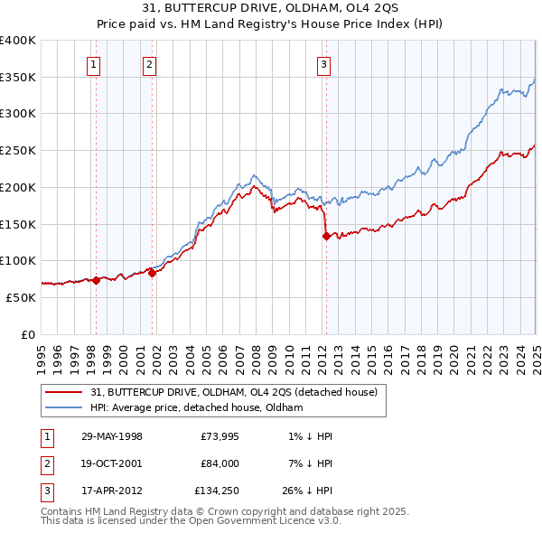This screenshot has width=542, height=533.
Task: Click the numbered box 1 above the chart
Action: (x=94, y=64)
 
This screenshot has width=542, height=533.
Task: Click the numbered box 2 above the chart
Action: (x=149, y=64)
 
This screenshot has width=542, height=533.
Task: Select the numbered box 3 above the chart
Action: (x=323, y=64)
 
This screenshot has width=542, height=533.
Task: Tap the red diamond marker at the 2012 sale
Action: (x=325, y=237)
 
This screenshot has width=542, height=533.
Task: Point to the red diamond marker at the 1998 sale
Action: (x=97, y=281)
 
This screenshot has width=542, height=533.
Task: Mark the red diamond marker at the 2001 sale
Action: (x=152, y=274)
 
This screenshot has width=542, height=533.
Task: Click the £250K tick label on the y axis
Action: (x=18, y=151)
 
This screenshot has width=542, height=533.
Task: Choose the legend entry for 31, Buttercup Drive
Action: (x=238, y=392)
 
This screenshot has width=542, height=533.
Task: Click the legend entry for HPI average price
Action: (x=196, y=407)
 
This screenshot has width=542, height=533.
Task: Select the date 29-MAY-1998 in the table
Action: (x=112, y=436)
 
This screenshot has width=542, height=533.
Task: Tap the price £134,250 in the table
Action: (x=216, y=493)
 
